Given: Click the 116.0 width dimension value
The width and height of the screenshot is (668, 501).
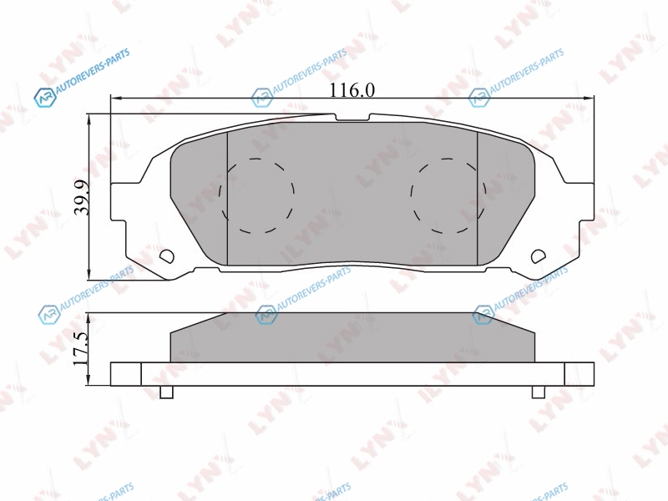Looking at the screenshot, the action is click(352, 90).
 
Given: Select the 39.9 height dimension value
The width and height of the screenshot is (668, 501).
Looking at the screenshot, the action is click(81, 197).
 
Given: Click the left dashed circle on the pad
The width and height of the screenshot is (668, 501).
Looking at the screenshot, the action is click(256, 196).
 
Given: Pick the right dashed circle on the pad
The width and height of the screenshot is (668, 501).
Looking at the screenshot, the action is click(448, 196).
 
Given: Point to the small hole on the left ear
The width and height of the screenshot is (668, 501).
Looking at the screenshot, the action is click(166, 256).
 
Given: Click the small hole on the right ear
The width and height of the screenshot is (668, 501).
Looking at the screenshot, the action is click(539, 256).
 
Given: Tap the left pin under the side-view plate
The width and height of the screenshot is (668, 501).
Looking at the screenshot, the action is click(166, 392).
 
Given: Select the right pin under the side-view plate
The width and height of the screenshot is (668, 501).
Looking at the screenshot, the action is click(539, 392).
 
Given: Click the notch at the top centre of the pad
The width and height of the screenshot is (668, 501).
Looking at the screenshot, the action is click(352, 117).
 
